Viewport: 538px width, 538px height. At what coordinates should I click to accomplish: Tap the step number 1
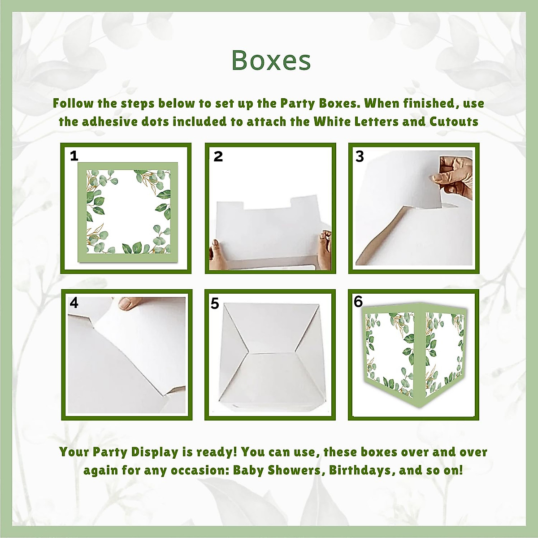[74, 156]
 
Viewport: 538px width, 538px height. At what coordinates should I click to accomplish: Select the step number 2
[218, 156]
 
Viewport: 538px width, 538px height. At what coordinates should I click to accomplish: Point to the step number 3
[360, 156]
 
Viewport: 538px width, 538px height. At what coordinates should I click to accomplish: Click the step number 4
[74, 303]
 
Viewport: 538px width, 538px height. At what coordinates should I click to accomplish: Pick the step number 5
[215, 304]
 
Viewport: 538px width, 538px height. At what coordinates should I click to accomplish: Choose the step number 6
[358, 302]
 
